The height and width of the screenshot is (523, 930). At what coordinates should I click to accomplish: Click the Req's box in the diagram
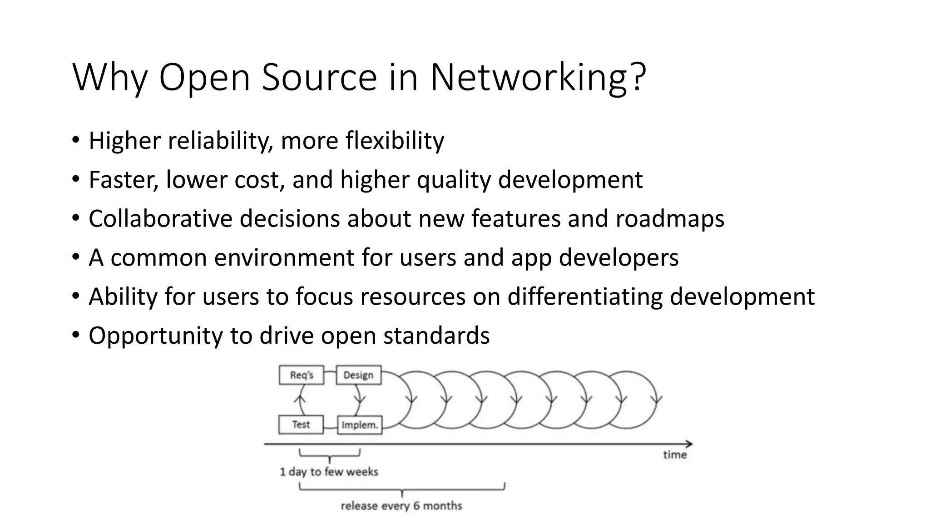tap(302, 375)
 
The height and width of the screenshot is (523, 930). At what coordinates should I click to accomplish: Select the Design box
tap(358, 375)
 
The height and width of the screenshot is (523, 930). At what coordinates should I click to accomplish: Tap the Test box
tap(301, 424)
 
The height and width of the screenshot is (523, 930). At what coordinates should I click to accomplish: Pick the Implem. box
tap(360, 425)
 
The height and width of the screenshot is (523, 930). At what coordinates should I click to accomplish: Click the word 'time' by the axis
tap(675, 454)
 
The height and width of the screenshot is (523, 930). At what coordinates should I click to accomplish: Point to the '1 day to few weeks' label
tap(329, 472)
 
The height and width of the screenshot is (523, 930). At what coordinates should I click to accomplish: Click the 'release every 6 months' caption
tap(401, 506)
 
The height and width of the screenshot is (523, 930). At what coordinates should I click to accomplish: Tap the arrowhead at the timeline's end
tap(689, 444)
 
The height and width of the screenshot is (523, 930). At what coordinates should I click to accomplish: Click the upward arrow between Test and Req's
tap(299, 400)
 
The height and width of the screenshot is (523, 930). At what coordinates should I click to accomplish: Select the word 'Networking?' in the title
tap(538, 77)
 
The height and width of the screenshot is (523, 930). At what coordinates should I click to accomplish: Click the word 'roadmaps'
tap(670, 218)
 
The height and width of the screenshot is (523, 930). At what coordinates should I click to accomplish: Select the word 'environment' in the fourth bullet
tap(284, 257)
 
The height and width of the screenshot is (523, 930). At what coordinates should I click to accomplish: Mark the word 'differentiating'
tap(585, 296)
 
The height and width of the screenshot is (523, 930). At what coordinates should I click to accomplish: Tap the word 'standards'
tap(436, 336)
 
